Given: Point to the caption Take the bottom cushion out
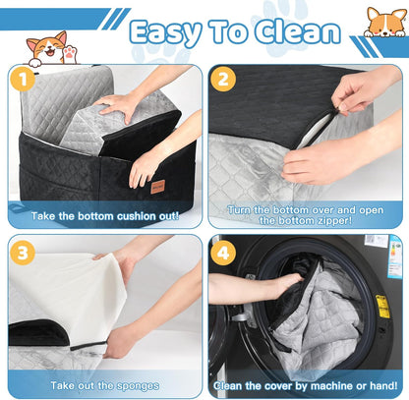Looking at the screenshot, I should (102, 215).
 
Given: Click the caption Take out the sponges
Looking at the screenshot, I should (102, 385).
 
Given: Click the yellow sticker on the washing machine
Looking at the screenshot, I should (381, 306).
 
